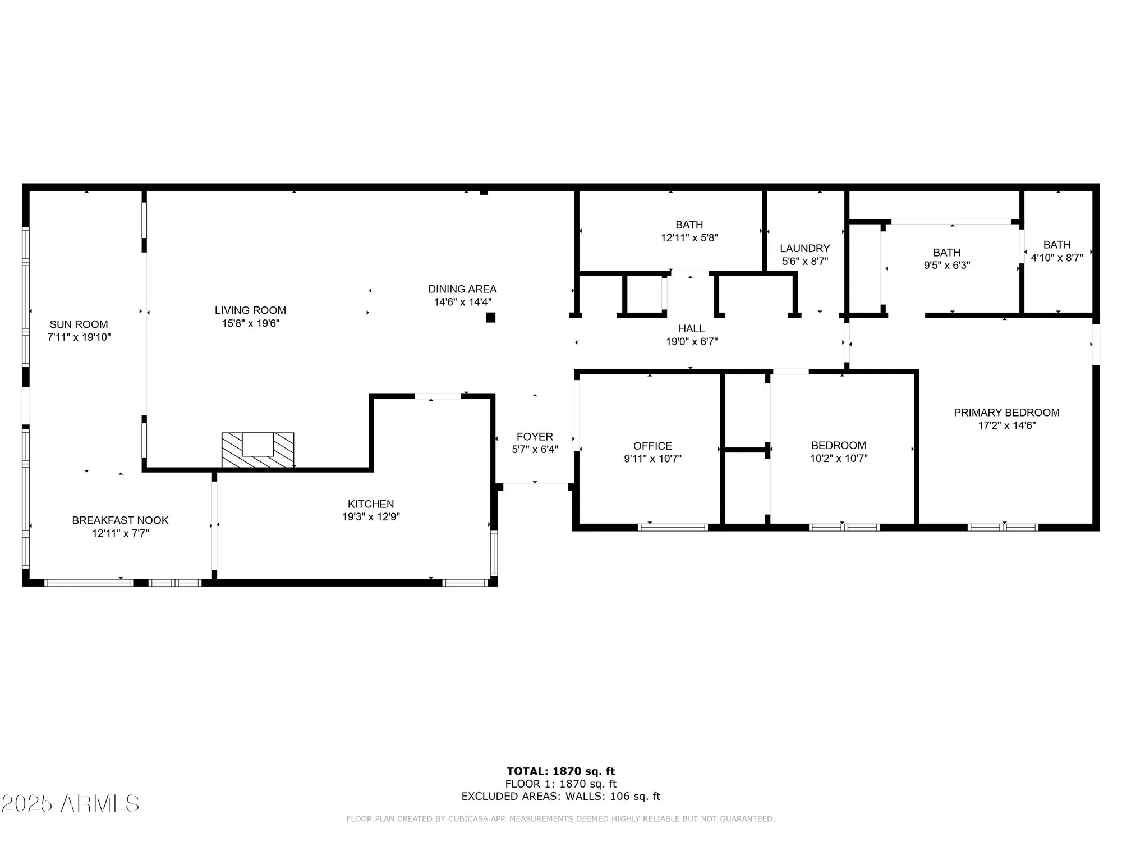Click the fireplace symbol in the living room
pyautogui.click(x=257, y=450)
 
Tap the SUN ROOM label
pyautogui.click(x=79, y=324)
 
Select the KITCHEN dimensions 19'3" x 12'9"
pyautogui.click(x=371, y=517)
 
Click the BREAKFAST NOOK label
pyautogui.click(x=120, y=520)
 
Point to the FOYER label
pyautogui.click(x=535, y=437)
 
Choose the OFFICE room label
pyautogui.click(x=652, y=446)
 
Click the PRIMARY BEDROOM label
pyautogui.click(x=1006, y=413)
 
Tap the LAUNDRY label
pyautogui.click(x=804, y=248)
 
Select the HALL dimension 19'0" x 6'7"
pyautogui.click(x=691, y=341)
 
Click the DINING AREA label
pyautogui.click(x=462, y=289)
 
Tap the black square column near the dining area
pyautogui.click(x=490, y=318)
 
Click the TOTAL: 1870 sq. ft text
pyautogui.click(x=560, y=771)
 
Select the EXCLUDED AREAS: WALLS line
pyautogui.click(x=560, y=796)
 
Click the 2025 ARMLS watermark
pyautogui.click(x=70, y=803)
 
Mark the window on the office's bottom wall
pyautogui.click(x=673, y=527)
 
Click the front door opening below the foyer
pyautogui.click(x=535, y=487)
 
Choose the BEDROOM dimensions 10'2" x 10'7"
pyautogui.click(x=838, y=458)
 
